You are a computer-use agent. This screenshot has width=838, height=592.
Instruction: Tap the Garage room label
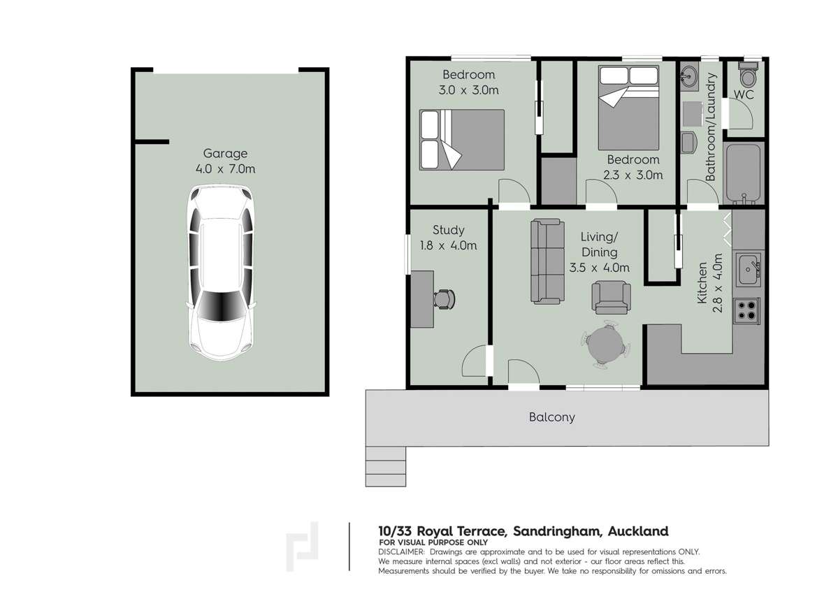point(225,154)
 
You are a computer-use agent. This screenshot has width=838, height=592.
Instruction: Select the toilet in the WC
point(748,73)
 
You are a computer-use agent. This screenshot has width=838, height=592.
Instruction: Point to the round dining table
point(605,345)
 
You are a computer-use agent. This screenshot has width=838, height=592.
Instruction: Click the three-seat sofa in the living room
point(547,261)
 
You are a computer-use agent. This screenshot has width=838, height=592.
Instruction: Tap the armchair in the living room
point(611,296)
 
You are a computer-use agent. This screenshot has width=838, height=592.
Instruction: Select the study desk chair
point(445,298)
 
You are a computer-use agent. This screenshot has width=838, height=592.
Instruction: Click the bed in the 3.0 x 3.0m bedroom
point(461,139)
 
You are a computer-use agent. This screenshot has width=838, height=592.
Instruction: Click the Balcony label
point(551,417)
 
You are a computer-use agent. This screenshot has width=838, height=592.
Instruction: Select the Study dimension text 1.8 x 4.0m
point(448,245)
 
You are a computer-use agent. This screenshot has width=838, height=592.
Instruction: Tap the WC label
point(744,94)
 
